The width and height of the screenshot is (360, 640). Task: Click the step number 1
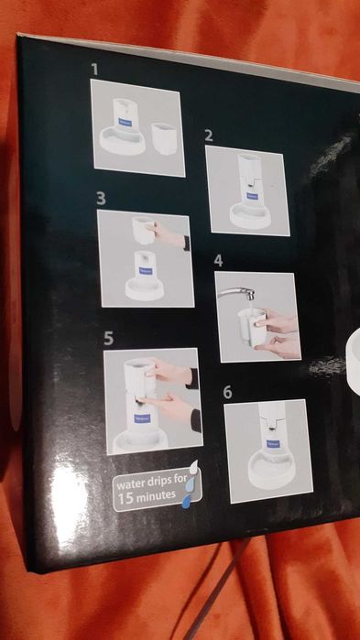coord(94,69)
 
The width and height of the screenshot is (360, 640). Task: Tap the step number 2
coord(209,136)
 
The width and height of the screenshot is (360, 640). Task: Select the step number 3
coord(101,199)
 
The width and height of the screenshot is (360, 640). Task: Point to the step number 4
coord(218,261)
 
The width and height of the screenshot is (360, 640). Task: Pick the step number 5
coord(108,338)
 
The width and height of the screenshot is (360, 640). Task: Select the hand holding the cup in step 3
coord(174,240)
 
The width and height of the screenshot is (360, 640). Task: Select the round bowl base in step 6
coord(267,474)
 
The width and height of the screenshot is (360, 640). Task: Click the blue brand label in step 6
coord(271,443)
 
